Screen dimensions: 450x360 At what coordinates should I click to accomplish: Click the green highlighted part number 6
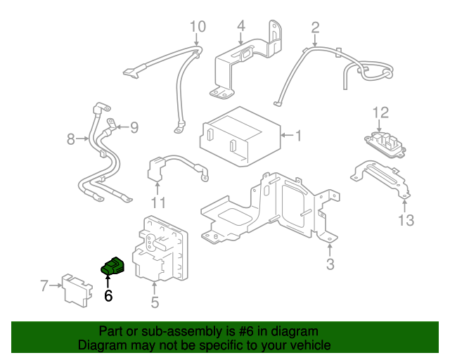pyautogui.click(x=112, y=266)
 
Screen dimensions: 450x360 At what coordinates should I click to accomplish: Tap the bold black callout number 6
pyautogui.click(x=108, y=296)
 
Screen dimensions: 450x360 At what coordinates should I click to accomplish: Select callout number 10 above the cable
pyautogui.click(x=198, y=27)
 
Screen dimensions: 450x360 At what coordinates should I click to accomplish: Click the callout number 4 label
pyautogui.click(x=241, y=26)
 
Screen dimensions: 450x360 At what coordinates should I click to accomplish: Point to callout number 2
pyautogui.click(x=315, y=27)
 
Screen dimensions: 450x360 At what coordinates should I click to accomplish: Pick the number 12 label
pyautogui.click(x=380, y=112)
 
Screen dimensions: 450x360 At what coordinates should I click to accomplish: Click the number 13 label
pyautogui.click(x=406, y=221)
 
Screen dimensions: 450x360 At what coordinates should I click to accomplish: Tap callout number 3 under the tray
pyautogui.click(x=330, y=264)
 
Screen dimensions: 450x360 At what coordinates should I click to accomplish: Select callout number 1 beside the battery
pyautogui.click(x=298, y=136)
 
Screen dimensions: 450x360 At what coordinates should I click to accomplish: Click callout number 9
pyautogui.click(x=134, y=127)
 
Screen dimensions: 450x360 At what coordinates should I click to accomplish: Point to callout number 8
pyautogui.click(x=70, y=139)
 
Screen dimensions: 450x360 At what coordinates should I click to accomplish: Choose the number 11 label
pyautogui.click(x=158, y=203)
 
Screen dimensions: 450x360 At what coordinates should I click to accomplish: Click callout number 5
pyautogui.click(x=155, y=302)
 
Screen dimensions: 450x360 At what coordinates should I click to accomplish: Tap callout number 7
pyautogui.click(x=44, y=286)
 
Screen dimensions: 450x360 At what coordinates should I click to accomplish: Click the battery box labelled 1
pyautogui.click(x=240, y=136)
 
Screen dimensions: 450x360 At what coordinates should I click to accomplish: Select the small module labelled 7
pyautogui.click(x=77, y=290)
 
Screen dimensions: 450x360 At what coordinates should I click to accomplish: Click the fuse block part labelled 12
pyautogui.click(x=385, y=145)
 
